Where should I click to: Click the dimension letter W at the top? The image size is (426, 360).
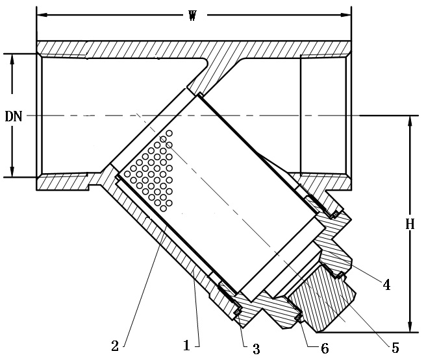point(192,16)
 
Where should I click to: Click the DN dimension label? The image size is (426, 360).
point(14,116)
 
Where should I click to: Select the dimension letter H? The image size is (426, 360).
point(410,224)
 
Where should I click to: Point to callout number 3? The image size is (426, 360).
point(256,349)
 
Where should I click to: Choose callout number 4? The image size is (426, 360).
point(386,284)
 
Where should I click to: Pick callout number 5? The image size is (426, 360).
point(395,349)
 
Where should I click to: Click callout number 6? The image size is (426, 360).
point(324,349)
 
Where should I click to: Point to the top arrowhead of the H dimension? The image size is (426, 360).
point(410,120)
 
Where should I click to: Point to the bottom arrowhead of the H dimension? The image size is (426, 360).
point(410,328)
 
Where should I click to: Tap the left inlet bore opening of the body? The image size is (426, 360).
point(62,115)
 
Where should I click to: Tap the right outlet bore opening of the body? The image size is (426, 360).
point(325,115)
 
